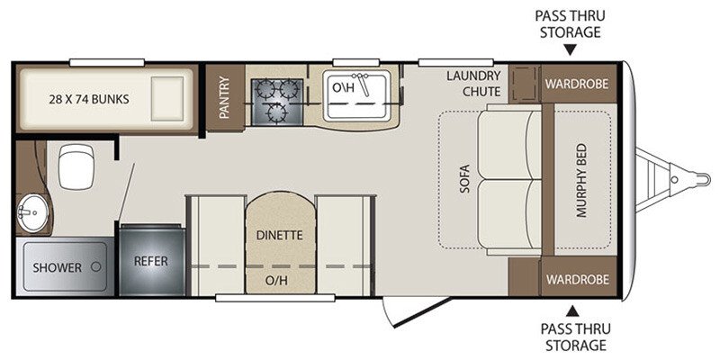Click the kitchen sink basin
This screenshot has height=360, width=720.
[355, 95]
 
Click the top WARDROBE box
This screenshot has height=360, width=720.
[576, 84]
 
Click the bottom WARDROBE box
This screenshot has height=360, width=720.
[576, 278]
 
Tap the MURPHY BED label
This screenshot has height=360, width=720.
[579, 181]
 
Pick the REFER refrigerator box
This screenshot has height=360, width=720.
[151, 261]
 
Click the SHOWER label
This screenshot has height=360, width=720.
[58, 267]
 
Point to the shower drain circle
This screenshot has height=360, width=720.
[94, 267]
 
